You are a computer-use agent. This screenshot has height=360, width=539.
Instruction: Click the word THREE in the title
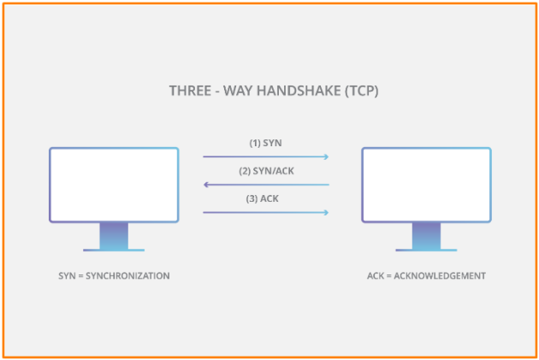[190, 91]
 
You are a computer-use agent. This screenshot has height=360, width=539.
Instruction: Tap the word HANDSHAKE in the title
[299, 91]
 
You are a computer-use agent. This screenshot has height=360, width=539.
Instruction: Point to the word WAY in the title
[238, 91]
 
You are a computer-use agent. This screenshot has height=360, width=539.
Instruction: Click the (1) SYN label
[265, 143]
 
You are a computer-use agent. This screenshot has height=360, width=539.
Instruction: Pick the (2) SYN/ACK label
[266, 171]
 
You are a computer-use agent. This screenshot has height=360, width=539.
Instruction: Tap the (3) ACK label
[263, 199]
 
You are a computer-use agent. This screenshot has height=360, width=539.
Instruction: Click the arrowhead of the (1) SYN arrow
[327, 156]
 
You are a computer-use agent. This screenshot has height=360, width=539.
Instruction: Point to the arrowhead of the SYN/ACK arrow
[206, 185]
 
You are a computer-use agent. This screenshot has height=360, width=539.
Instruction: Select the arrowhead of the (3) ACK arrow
[327, 213]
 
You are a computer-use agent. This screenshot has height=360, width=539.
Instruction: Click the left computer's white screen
[114, 185]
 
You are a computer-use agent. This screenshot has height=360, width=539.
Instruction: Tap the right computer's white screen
[426, 185]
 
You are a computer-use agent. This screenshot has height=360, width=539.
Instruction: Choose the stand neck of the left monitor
[114, 236]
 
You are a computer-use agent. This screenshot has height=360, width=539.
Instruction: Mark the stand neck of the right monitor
[426, 236]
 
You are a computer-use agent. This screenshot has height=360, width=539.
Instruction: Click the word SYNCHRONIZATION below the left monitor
[127, 276]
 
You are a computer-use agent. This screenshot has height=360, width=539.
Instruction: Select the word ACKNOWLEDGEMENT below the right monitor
[440, 276]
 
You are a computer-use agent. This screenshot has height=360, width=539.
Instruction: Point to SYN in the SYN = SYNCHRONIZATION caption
[67, 276]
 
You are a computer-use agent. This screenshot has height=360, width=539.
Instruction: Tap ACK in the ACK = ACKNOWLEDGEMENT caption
[376, 276]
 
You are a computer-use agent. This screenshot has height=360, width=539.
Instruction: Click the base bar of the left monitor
[114, 250]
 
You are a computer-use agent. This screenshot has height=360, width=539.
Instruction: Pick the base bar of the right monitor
[426, 250]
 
